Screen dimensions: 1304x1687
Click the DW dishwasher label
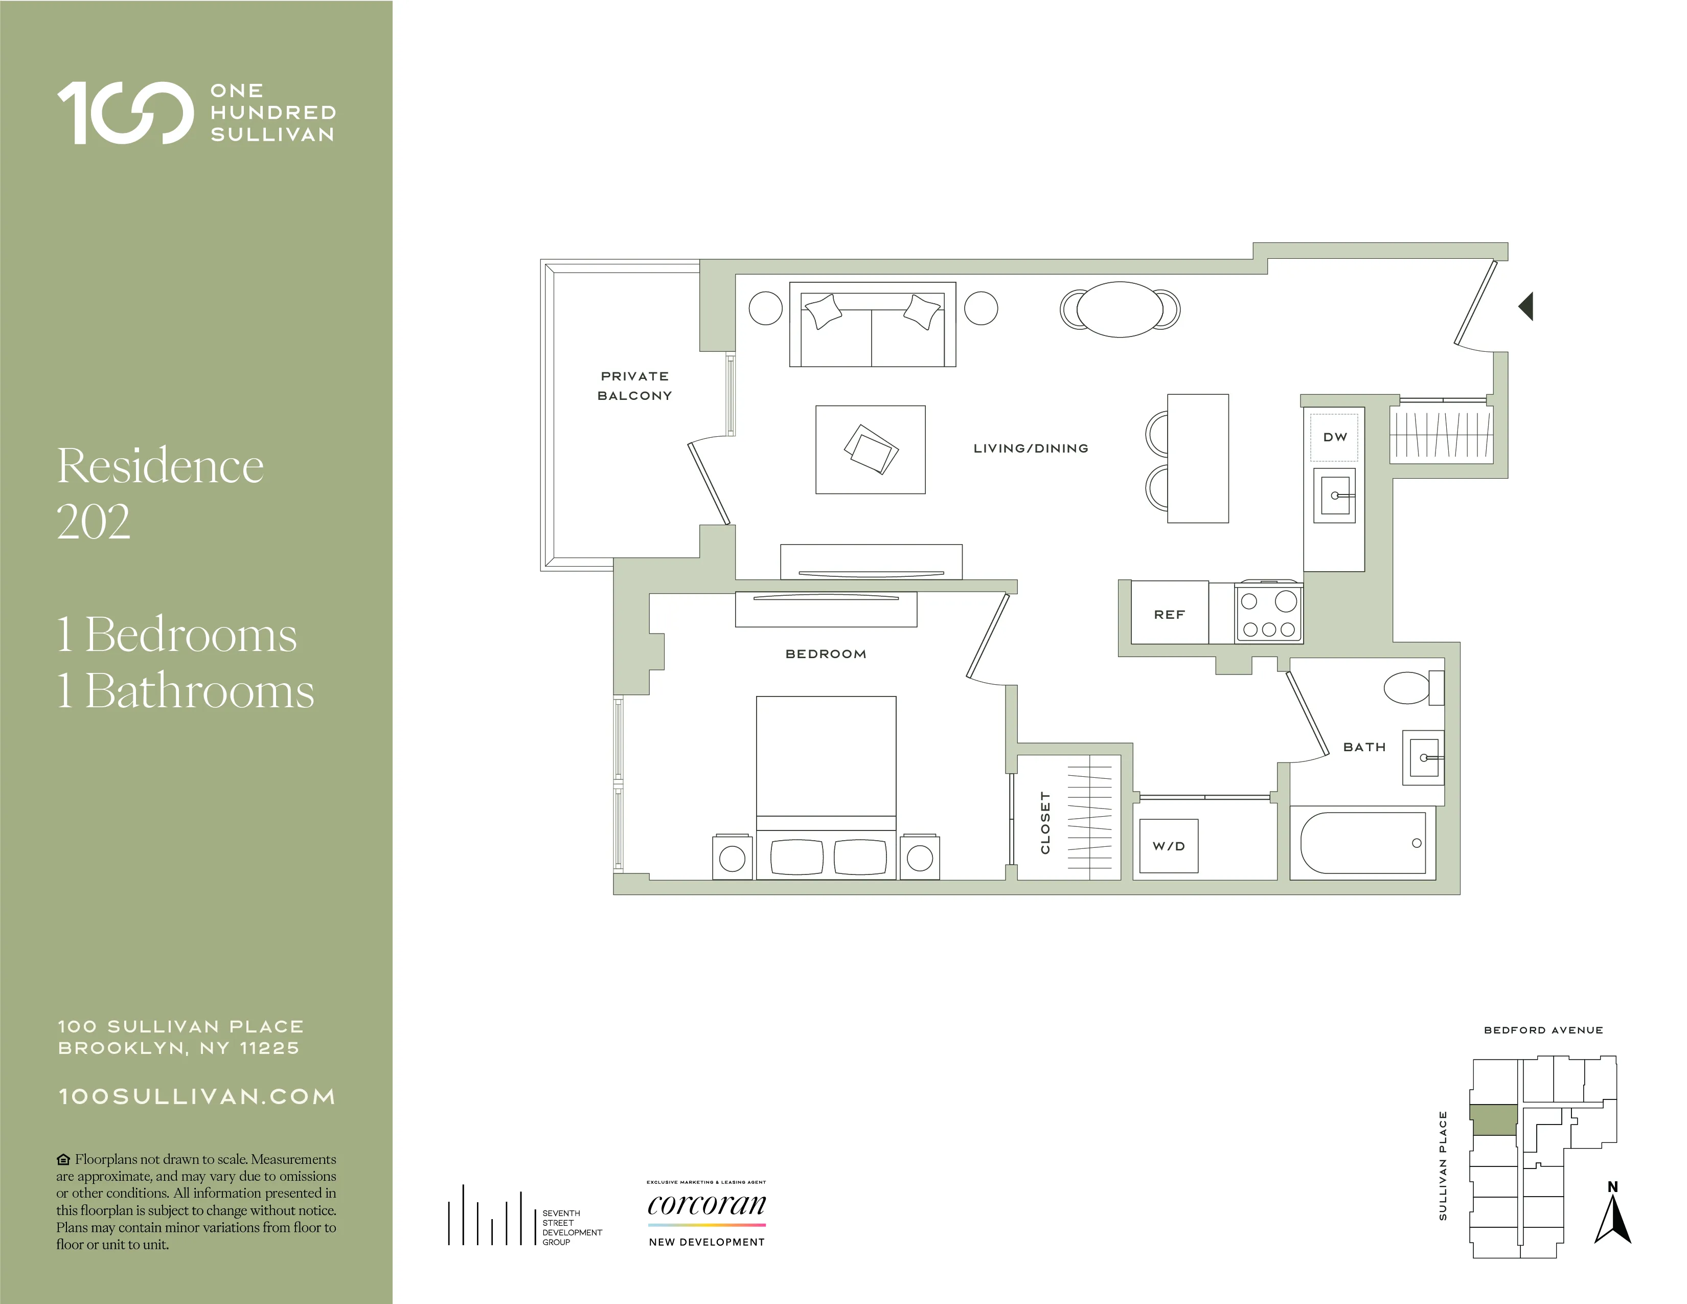pyautogui.click(x=1335, y=437)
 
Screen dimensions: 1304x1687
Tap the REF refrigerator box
pyautogui.click(x=1169, y=613)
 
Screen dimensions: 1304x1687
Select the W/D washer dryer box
pyautogui.click(x=1169, y=846)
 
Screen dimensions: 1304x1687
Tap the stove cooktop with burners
pyautogui.click(x=1268, y=613)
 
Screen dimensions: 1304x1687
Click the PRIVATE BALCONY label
pyautogui.click(x=634, y=386)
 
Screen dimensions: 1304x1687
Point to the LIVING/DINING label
pyautogui.click(x=1031, y=448)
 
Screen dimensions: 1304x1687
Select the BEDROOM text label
pyautogui.click(x=826, y=654)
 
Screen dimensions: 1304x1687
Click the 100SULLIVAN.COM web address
pyautogui.click(x=197, y=1096)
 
